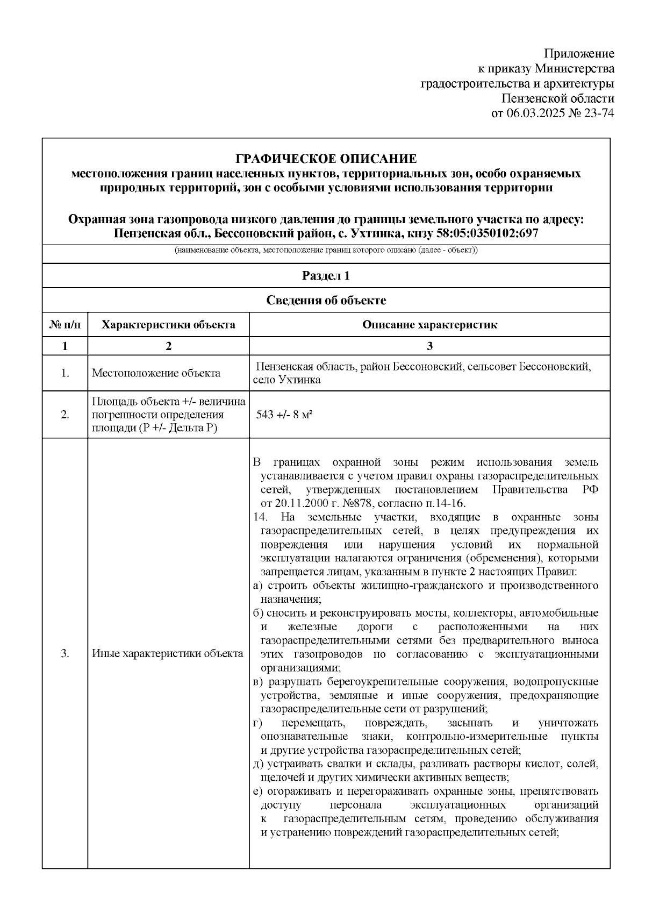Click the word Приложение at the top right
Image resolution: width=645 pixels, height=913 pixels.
(x=579, y=53)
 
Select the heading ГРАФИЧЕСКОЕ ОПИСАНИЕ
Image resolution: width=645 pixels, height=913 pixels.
(x=326, y=159)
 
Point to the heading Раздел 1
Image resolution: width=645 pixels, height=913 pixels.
(x=326, y=276)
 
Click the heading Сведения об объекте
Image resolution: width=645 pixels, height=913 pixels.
(x=326, y=300)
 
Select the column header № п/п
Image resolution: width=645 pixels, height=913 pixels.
(x=65, y=325)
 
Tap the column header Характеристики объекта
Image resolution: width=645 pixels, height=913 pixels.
(x=168, y=325)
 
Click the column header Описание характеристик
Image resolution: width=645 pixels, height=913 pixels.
(x=429, y=325)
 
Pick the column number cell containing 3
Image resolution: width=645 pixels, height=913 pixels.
(x=429, y=346)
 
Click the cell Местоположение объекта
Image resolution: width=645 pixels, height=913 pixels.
(x=156, y=373)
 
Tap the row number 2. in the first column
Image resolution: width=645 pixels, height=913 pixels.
(x=65, y=415)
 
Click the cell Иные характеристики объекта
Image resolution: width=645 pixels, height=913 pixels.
(x=168, y=654)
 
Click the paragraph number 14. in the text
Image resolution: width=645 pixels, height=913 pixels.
(x=260, y=517)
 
